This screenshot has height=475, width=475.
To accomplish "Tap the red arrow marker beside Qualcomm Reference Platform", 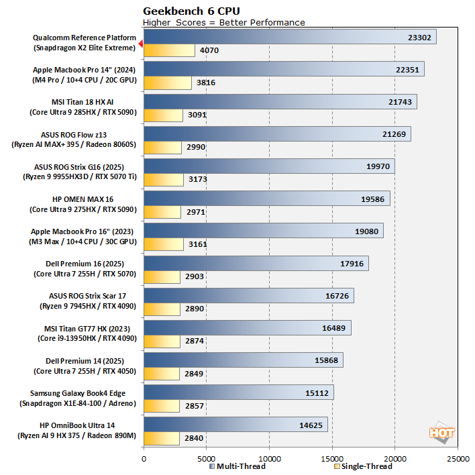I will pyautogui.click(x=140, y=44).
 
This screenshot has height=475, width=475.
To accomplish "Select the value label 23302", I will pyautogui.click(x=421, y=38).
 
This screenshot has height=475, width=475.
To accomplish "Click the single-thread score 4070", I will pyautogui.click(x=209, y=50).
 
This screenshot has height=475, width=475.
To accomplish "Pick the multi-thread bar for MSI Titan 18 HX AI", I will pyautogui.click(x=280, y=101).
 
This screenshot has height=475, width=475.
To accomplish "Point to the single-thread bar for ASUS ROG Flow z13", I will pyautogui.click(x=162, y=147).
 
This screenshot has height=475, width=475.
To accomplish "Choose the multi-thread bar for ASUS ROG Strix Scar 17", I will pyautogui.click(x=248, y=295).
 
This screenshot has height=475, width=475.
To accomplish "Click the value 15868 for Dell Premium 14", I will pyautogui.click(x=327, y=360).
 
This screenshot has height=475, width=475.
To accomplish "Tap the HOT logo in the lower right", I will pyautogui.click(x=441, y=433).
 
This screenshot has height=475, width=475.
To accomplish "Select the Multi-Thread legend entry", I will pyautogui.click(x=237, y=466).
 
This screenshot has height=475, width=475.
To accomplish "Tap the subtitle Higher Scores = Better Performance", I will pyautogui.click(x=224, y=22).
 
